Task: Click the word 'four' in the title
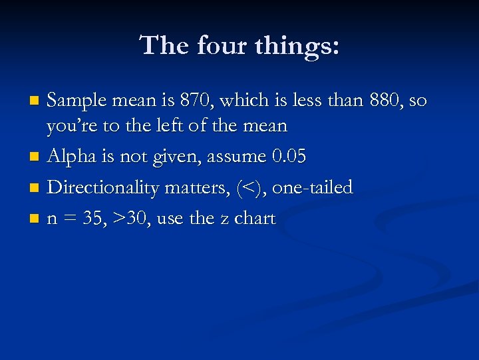pyautogui.click(x=217, y=45)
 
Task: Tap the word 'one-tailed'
pyautogui.click(x=313, y=187)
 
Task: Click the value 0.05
pyautogui.click(x=289, y=157)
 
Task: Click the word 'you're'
pyautogui.click(x=71, y=126)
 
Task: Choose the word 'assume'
pyautogui.click(x=238, y=157)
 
